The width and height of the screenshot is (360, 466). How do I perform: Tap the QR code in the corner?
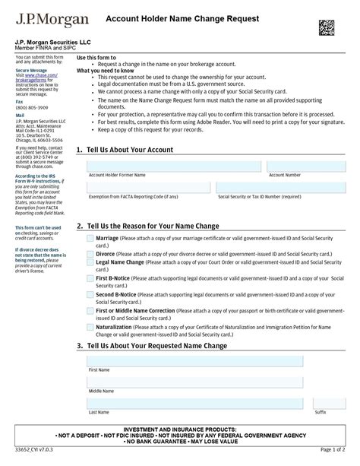(327, 27)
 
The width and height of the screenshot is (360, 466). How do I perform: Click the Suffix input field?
(330, 403)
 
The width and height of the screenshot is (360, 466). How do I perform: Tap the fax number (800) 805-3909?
(28, 107)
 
